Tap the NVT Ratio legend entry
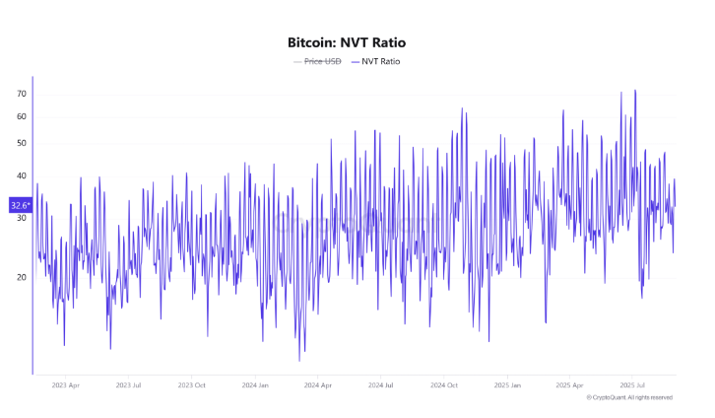pyautogui.click(x=380, y=62)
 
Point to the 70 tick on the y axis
pyautogui.click(x=21, y=94)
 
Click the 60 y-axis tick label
pyautogui.click(x=21, y=117)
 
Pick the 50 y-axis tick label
pyautogui.click(x=21, y=144)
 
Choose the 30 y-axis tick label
pyautogui.click(x=21, y=218)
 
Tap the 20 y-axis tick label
pyautogui.click(x=21, y=278)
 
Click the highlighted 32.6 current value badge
pyautogui.click(x=20, y=205)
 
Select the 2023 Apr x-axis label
pyautogui.click(x=66, y=384)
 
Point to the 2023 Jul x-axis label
pyautogui.click(x=129, y=384)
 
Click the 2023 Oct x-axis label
pyautogui.click(x=192, y=384)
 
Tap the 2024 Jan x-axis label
pyautogui.click(x=255, y=384)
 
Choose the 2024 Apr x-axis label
pyautogui.click(x=318, y=384)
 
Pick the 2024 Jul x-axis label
pyautogui.click(x=381, y=384)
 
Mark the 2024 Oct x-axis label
pyautogui.click(x=444, y=384)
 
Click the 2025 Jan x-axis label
pyautogui.click(x=507, y=384)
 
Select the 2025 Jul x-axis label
pyautogui.click(x=633, y=384)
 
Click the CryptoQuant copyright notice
pyautogui.click(x=629, y=397)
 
